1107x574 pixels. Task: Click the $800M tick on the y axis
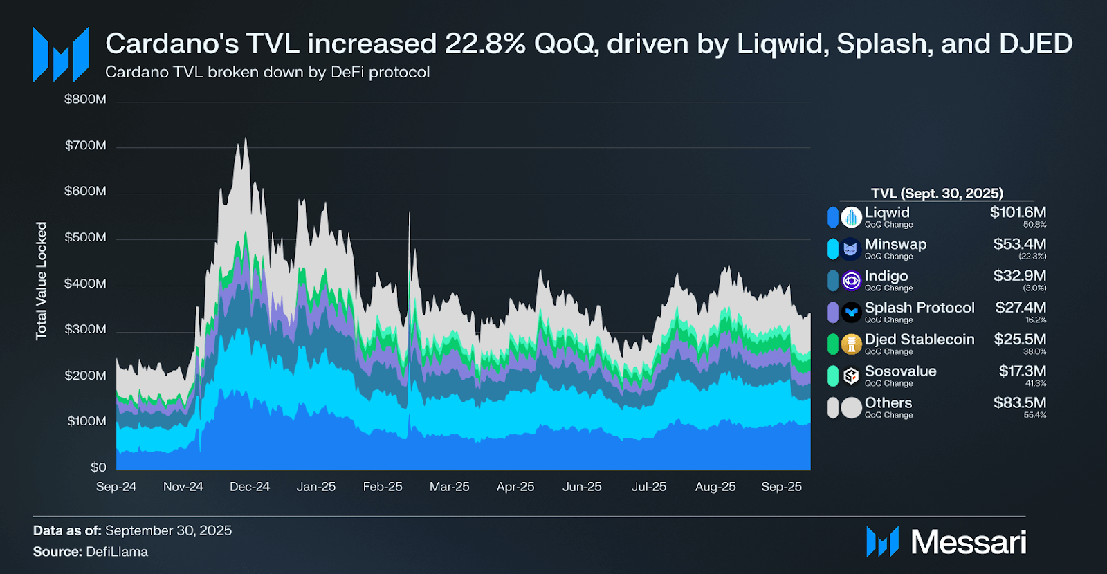click(85, 100)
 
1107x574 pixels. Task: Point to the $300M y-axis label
click(85, 329)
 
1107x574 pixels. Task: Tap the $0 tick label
click(98, 467)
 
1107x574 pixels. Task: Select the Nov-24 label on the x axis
click(183, 487)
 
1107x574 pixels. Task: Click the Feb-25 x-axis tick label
click(383, 487)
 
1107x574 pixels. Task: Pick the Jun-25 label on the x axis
click(582, 487)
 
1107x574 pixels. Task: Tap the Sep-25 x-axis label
click(781, 487)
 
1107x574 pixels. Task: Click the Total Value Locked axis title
click(42, 281)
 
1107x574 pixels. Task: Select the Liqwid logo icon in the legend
click(851, 217)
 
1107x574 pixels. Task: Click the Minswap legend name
click(895, 244)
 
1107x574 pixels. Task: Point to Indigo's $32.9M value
click(1020, 276)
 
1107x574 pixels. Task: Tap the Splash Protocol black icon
click(851, 313)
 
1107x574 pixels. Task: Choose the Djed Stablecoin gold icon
click(851, 344)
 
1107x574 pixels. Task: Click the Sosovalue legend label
click(900, 371)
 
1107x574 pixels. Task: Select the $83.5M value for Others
click(1020, 402)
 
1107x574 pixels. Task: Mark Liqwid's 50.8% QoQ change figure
click(1035, 225)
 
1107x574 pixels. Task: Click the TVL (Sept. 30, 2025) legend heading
click(937, 194)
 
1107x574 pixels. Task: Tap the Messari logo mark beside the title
click(61, 55)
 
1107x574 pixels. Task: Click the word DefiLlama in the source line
click(117, 552)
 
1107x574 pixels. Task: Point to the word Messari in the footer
click(969, 542)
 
